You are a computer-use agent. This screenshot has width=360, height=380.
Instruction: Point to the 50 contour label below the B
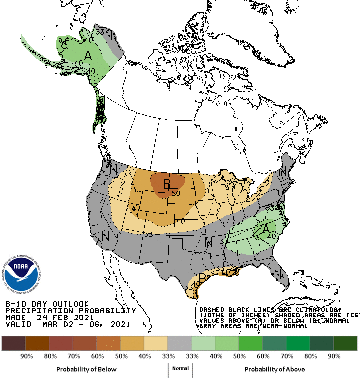pos(176,193)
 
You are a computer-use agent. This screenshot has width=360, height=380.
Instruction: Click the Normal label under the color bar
pos(181,369)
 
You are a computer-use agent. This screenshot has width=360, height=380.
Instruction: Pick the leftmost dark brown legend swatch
pos(14,343)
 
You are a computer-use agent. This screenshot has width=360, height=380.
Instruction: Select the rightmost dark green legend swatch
pos(345,343)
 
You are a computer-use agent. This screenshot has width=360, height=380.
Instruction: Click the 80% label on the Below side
pos(50,356)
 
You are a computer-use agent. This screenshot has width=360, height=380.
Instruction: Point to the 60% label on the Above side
pos(263,356)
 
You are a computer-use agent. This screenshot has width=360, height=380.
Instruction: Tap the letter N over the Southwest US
pos(106,236)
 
